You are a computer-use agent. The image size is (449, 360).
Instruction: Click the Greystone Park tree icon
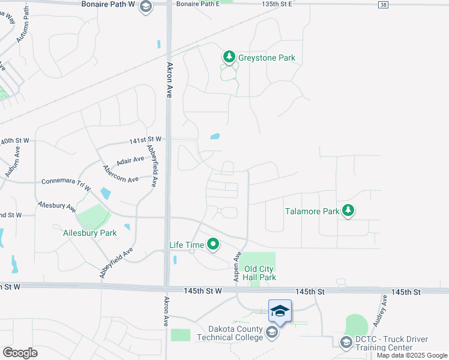coord(229,57)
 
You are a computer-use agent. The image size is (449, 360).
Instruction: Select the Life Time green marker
coord(213,244)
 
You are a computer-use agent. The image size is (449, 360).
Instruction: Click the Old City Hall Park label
coord(260,273)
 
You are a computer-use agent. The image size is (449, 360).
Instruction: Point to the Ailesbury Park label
coord(90,233)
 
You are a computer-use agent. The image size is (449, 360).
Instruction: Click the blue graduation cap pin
coord(280,311)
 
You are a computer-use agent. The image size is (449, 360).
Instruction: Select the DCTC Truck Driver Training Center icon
coord(346,342)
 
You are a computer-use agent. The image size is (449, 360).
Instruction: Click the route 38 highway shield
coord(383,5)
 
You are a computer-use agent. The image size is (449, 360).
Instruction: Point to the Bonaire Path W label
coord(109,4)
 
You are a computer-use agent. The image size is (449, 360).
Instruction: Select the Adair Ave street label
coord(131,161)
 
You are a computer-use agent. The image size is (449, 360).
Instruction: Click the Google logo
coord(20,353)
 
